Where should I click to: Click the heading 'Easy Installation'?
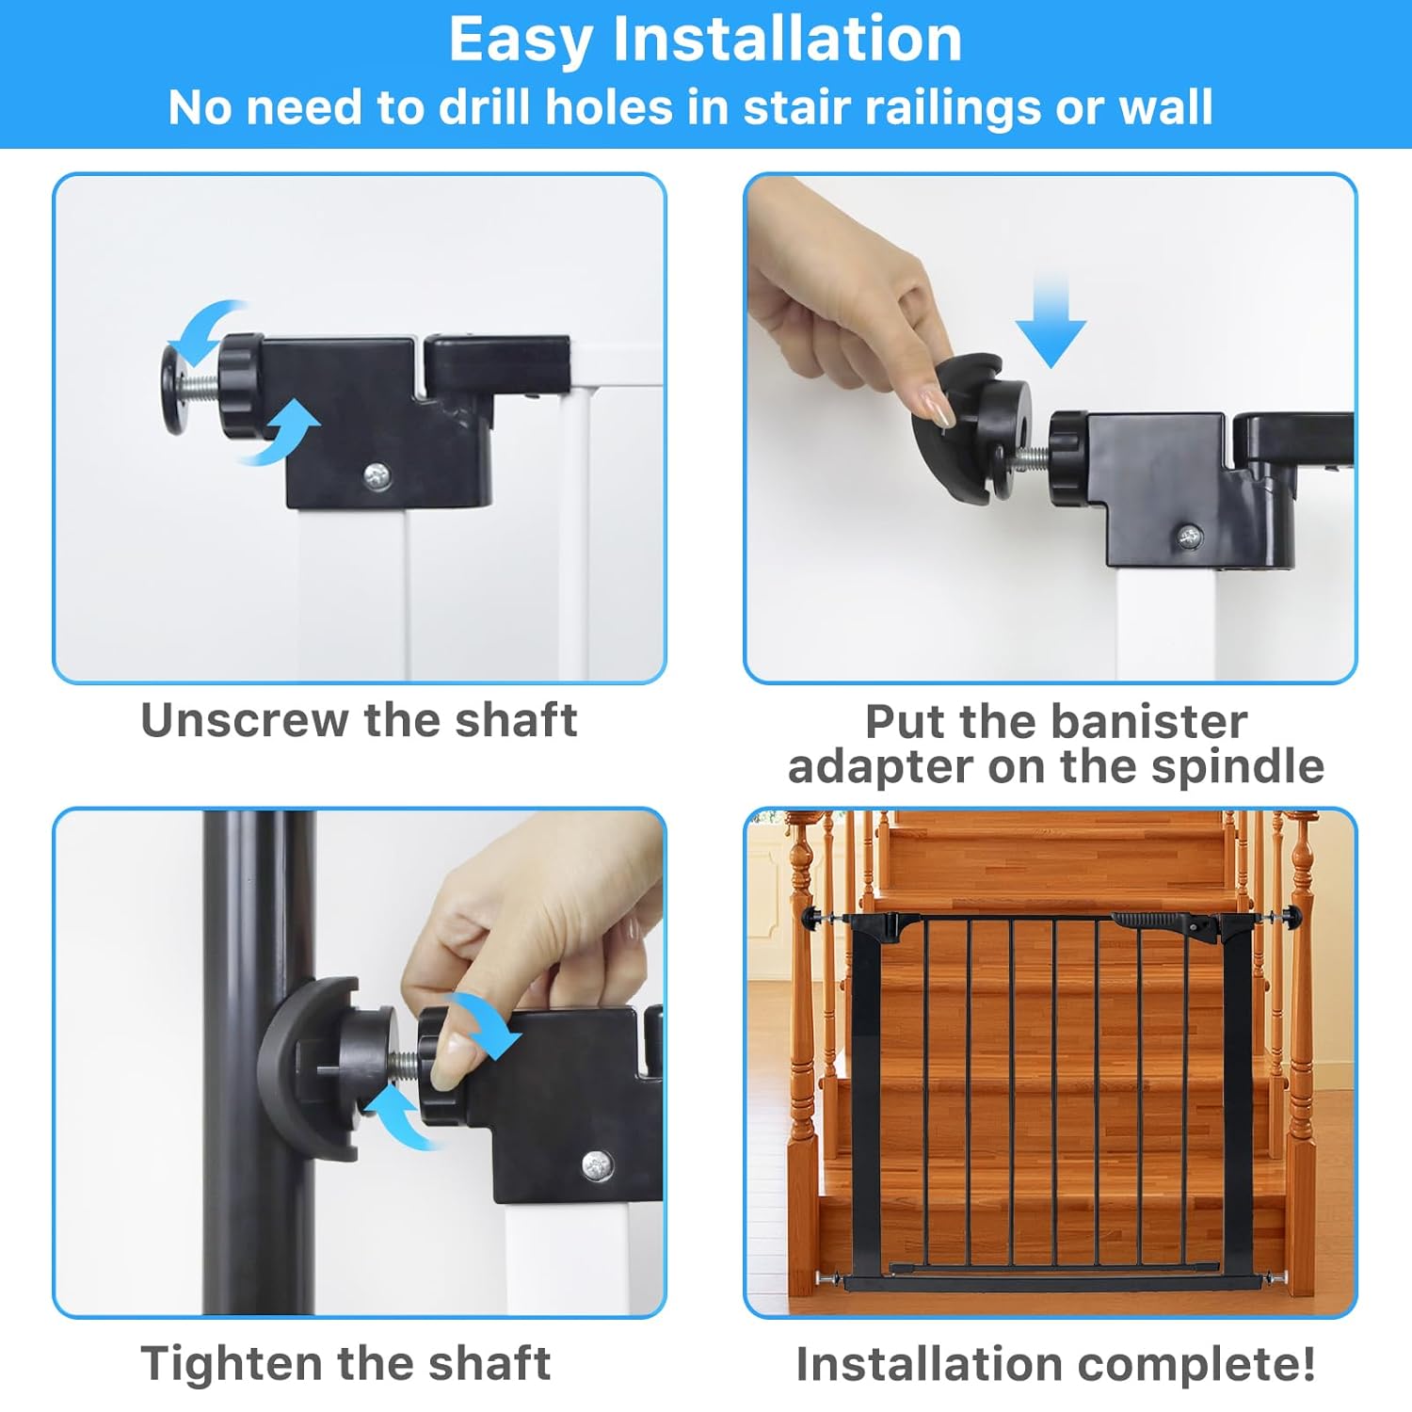click(x=705, y=40)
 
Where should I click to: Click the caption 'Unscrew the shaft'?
click(x=359, y=721)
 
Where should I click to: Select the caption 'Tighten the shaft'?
click(x=345, y=1363)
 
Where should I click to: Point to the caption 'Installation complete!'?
click(x=1055, y=1364)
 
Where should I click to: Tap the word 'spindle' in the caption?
click(x=1238, y=765)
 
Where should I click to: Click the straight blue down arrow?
click(x=1051, y=320)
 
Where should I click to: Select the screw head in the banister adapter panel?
click(x=1190, y=538)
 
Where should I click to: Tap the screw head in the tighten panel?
click(x=596, y=1166)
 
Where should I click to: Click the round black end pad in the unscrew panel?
click(x=173, y=388)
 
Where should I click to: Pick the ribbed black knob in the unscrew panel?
click(x=243, y=386)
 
